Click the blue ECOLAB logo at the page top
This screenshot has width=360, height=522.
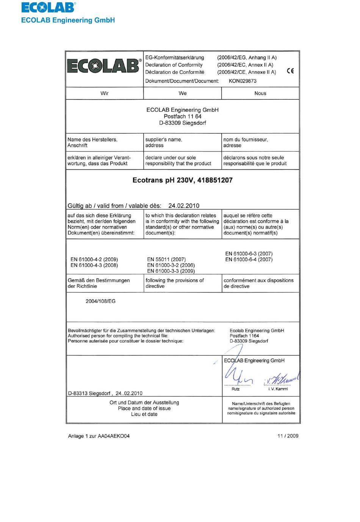(49, 8)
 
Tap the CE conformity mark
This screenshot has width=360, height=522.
(290, 70)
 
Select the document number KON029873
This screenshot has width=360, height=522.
(243, 81)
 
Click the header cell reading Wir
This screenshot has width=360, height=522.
(105, 93)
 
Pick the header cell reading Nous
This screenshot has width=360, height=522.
(260, 93)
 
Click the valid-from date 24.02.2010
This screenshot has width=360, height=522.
(184, 206)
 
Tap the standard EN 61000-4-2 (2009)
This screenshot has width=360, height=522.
(94, 259)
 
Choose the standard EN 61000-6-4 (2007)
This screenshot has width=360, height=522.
(249, 259)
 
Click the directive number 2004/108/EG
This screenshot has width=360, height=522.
(100, 301)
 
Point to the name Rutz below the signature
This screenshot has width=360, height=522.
(235, 389)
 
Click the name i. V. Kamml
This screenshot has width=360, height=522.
(278, 389)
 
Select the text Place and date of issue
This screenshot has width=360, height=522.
(144, 408)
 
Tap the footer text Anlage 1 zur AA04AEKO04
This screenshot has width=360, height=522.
(99, 436)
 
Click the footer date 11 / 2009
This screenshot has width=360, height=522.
(288, 436)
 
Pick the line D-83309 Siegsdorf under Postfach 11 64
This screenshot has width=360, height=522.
(183, 123)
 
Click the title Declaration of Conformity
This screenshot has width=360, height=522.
(174, 65)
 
